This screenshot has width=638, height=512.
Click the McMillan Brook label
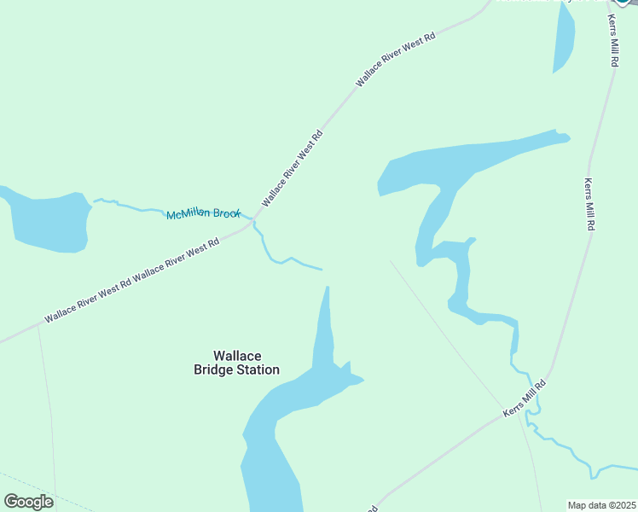point(204,214)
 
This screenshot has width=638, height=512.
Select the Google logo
point(28,502)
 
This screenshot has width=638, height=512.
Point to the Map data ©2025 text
point(601,505)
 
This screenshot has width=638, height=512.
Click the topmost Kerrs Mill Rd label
point(612,41)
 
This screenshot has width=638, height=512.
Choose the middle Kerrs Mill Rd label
point(589,205)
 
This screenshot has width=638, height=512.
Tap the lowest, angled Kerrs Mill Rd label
point(524,399)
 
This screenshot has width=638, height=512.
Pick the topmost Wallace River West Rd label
point(396,60)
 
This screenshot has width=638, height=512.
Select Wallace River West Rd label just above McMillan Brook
point(293,168)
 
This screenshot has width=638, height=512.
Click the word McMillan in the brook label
point(188,214)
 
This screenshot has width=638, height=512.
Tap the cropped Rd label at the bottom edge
point(373,509)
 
